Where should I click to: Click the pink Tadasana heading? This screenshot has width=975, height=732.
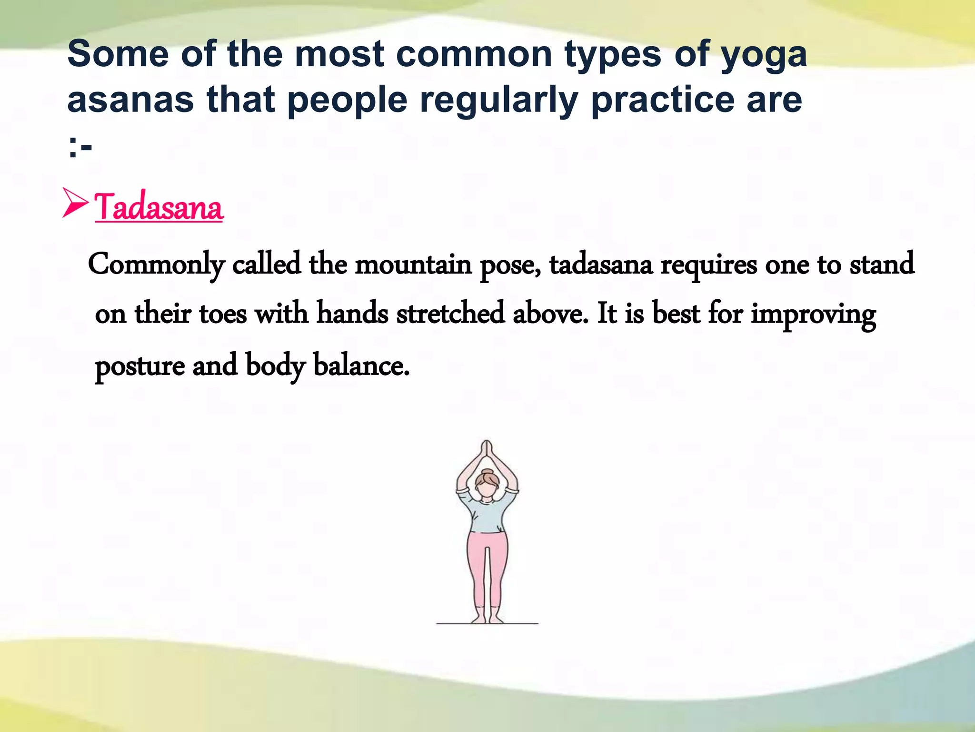159,208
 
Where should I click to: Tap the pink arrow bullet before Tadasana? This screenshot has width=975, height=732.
75,203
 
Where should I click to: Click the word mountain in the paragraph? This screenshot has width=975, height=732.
413,264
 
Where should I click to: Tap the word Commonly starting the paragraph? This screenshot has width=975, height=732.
156,264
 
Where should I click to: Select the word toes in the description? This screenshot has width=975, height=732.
223,314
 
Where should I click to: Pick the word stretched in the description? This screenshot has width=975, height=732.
450,314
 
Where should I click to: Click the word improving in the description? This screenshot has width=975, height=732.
813,315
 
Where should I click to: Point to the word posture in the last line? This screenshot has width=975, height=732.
140,366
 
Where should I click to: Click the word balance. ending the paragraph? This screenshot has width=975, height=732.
361,366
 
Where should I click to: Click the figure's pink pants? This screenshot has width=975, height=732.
487,567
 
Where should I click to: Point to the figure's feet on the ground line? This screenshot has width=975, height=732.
487,619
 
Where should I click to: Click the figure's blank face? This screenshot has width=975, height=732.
487,490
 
